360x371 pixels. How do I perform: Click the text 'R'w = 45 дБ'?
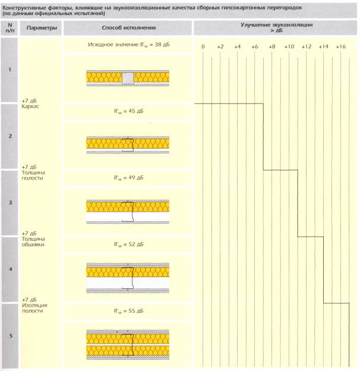pyautogui.click(x=128, y=111)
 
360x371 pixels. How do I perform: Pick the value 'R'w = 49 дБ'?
pyautogui.click(x=128, y=177)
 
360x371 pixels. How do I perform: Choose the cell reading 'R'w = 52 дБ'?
pyautogui.click(x=128, y=244)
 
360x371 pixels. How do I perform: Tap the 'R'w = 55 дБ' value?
pyautogui.click(x=128, y=310)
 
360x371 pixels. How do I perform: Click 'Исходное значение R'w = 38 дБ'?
pyautogui.click(x=128, y=45)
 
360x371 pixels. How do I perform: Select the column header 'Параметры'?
pyautogui.click(x=39, y=28)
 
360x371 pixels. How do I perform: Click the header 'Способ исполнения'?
pyautogui.click(x=128, y=28)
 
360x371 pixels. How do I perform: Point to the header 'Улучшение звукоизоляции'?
pyautogui.click(x=277, y=26)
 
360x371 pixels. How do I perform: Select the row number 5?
pyautogui.click(x=10, y=337)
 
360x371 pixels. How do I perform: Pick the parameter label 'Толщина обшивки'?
pyautogui.click(x=32, y=241)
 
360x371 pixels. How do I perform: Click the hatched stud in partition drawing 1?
pyautogui.click(x=128, y=77)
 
